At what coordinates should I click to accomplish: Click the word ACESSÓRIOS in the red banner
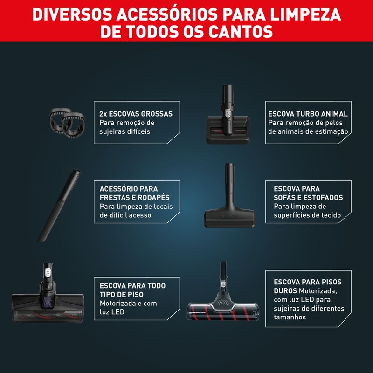pyautogui.click(x=167, y=14)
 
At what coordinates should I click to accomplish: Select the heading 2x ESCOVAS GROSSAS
pyautogui.click(x=136, y=114)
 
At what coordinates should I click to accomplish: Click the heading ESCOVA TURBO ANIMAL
pyautogui.click(x=308, y=114)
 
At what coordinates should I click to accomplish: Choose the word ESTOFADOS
pyautogui.click(x=323, y=197)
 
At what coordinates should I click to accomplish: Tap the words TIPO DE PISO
pyautogui.click(x=122, y=295)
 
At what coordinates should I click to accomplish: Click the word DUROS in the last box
pyautogui.click(x=285, y=290)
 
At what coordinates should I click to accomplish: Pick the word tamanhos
pyautogui.click(x=290, y=317)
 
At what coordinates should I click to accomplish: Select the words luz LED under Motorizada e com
pyautogui.click(x=112, y=312)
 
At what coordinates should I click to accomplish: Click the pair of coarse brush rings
pyautogui.click(x=67, y=123)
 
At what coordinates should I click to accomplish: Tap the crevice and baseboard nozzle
pyautogui.click(x=59, y=205)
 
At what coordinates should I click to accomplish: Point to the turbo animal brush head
pyautogui.click(x=228, y=115)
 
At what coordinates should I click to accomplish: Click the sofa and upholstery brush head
pyautogui.click(x=229, y=195)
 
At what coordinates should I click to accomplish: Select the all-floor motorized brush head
pyautogui.click(x=48, y=293)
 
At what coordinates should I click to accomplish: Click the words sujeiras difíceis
pyautogui.click(x=124, y=131)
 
